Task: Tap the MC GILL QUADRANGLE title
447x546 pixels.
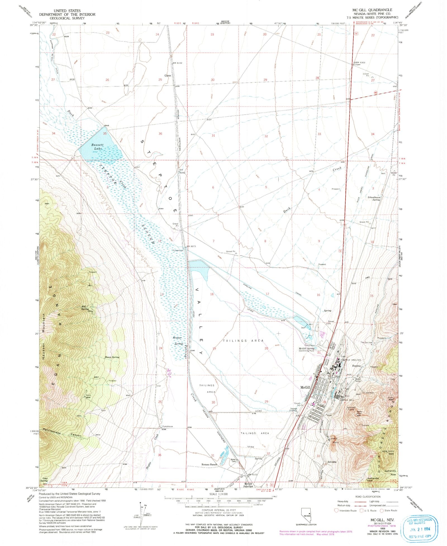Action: click(372, 10)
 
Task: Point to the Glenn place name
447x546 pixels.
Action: click(168, 76)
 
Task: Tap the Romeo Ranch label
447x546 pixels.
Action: click(209, 464)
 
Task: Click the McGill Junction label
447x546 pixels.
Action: click(248, 485)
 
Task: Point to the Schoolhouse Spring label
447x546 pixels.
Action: click(374, 198)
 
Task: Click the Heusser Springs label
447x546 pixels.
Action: click(178, 341)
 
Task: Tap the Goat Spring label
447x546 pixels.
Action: click(44, 479)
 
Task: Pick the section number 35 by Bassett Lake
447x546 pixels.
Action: click(105, 134)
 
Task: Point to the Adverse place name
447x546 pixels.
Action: click(332, 462)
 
